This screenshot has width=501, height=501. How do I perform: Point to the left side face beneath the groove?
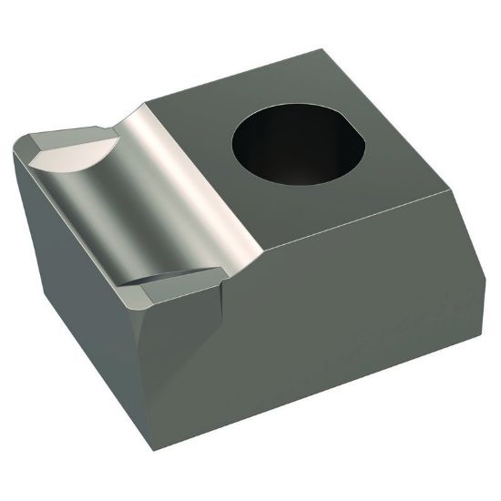tap(73, 273)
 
